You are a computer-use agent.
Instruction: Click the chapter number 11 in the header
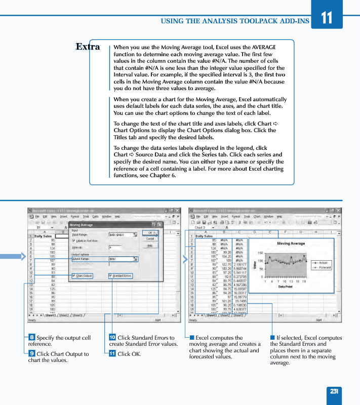tap(327, 18)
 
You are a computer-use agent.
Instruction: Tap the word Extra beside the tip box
tap(88, 47)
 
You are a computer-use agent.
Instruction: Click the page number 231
tap(334, 391)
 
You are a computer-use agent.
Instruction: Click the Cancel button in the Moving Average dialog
tap(150, 238)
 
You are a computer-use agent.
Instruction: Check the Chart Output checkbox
tap(73, 276)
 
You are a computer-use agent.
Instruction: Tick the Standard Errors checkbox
tap(111, 276)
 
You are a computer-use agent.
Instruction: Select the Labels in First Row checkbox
tap(73, 241)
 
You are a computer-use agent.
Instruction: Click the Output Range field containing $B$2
tap(122, 259)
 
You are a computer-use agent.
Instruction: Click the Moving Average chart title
tap(291, 244)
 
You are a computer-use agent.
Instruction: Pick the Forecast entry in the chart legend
tap(325, 267)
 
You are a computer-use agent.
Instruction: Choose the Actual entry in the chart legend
tap(323, 263)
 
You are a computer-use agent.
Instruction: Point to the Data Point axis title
tap(286, 287)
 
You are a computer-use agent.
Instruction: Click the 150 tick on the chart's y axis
tap(260, 253)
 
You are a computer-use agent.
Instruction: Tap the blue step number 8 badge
tap(31, 338)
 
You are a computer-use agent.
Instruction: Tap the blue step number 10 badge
tap(112, 338)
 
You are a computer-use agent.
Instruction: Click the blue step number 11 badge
tap(112, 354)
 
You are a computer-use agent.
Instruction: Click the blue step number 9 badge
tap(31, 354)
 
